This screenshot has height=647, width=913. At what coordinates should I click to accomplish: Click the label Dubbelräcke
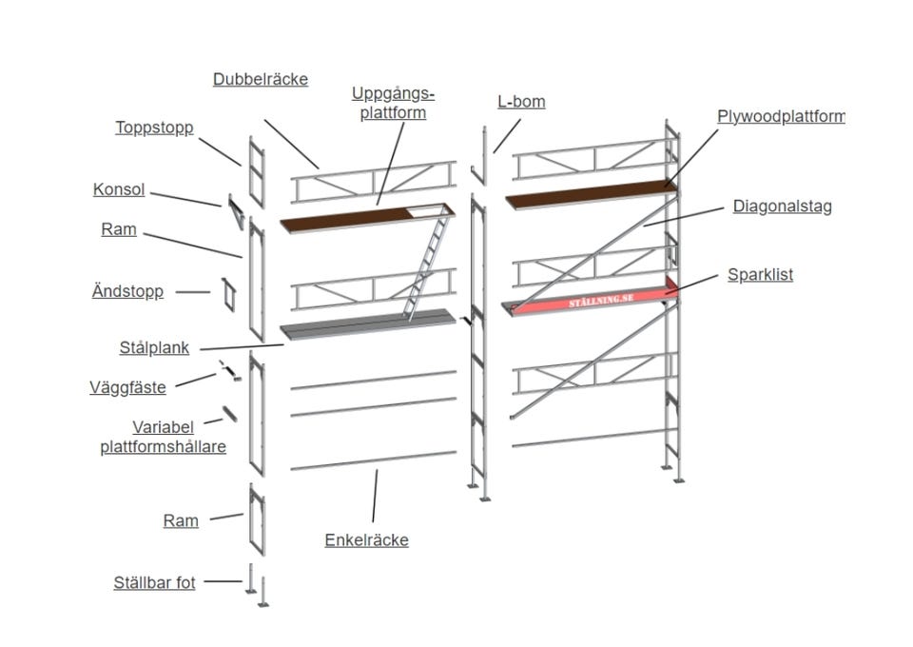(260, 80)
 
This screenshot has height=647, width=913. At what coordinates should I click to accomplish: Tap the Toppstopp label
(154, 127)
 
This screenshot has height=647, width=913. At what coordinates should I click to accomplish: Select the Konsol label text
(119, 190)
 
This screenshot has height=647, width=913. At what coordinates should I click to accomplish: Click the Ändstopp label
(127, 292)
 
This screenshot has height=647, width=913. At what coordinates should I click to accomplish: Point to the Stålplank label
(153, 348)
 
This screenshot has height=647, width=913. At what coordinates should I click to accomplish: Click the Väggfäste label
(127, 387)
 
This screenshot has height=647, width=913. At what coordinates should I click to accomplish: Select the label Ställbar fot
(153, 582)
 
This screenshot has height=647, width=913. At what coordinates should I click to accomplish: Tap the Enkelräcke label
(366, 540)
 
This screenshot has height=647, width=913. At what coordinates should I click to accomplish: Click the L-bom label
(521, 102)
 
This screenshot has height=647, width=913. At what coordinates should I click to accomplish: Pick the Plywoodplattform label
(780, 117)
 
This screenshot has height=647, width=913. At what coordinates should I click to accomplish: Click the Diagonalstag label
(782, 206)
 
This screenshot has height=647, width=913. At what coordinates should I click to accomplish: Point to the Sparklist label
(760, 275)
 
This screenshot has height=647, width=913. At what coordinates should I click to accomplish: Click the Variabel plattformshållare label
(163, 438)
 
